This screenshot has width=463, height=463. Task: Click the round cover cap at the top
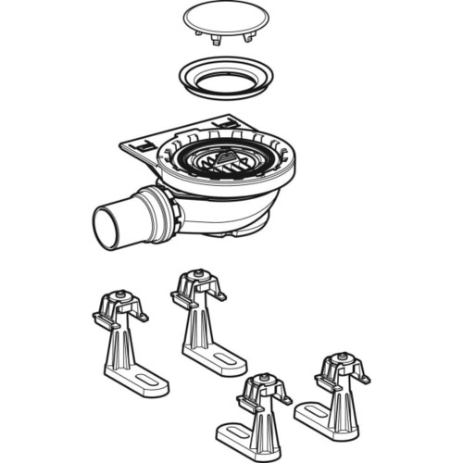[x=226, y=19]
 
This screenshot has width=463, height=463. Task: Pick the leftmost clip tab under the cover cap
[x=200, y=34]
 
